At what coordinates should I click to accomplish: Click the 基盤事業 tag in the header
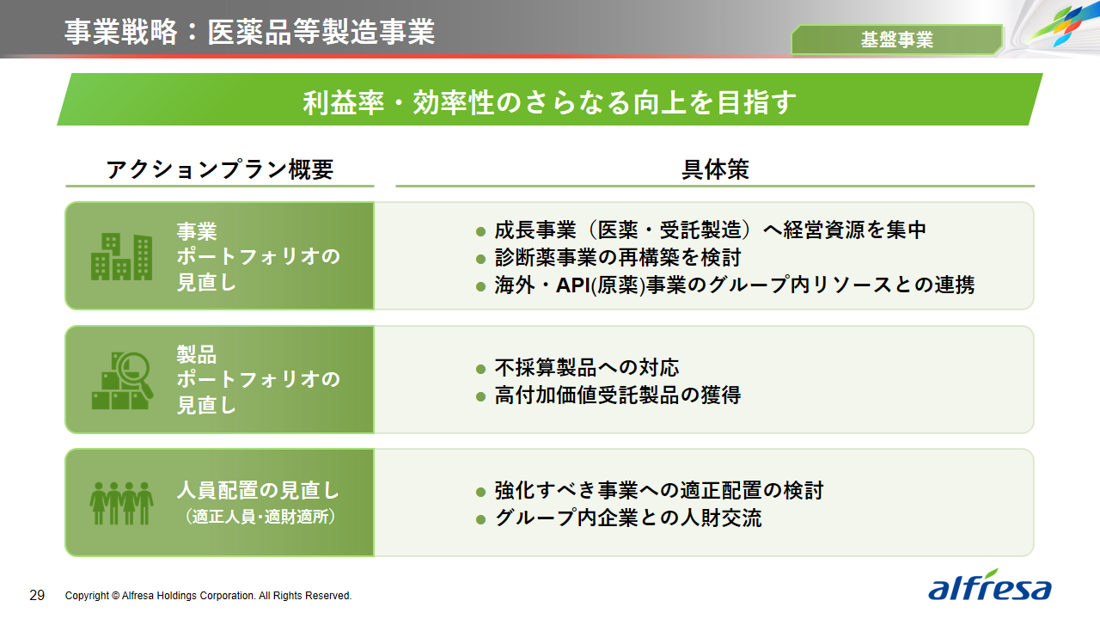[x=896, y=40]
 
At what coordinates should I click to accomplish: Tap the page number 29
[x=37, y=596]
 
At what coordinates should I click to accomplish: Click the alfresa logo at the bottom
[x=989, y=585]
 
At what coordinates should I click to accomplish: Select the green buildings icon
[x=121, y=256]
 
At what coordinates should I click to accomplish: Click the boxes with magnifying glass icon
[x=122, y=380]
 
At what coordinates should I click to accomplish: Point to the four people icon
[x=121, y=503]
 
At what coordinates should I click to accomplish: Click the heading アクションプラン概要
[x=220, y=169]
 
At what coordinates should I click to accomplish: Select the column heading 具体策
[x=715, y=169]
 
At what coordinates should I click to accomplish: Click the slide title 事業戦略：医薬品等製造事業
[x=249, y=32]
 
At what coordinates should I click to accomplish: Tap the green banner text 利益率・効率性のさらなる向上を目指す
[x=549, y=102]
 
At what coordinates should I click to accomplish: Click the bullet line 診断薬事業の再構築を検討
[x=618, y=257]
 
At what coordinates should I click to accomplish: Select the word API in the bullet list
[x=572, y=285]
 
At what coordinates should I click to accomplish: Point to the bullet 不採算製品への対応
[x=587, y=367]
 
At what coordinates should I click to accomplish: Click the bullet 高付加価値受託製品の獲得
[x=618, y=395]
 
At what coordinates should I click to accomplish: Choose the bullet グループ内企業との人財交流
[x=628, y=518]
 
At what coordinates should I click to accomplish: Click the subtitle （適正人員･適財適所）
[x=260, y=517]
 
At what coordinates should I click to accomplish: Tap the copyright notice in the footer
[x=208, y=596]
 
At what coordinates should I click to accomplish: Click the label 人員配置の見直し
[x=258, y=490]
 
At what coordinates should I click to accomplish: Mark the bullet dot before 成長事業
[x=480, y=231]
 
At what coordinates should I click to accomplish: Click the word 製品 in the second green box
[x=197, y=354]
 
